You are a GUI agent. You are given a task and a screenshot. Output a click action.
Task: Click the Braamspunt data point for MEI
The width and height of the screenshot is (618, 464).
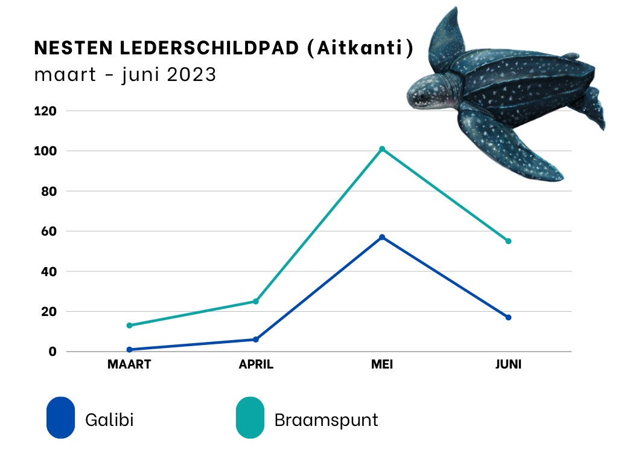(382, 149)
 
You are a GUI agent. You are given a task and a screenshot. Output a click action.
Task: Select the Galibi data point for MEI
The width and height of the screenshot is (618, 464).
(382, 237)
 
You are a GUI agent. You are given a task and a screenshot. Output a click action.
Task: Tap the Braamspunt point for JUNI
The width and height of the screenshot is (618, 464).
(508, 241)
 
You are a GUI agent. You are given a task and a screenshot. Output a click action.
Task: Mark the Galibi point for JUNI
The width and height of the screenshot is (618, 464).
(508, 317)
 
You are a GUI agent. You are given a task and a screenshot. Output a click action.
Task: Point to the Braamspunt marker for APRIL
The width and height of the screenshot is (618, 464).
(256, 301)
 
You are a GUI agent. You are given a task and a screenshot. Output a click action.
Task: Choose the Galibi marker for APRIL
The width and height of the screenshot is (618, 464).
(256, 340)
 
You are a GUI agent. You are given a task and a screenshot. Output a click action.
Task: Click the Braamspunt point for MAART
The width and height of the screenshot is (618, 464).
(129, 326)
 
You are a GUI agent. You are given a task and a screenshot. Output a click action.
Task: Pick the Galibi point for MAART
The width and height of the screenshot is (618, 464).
(129, 349)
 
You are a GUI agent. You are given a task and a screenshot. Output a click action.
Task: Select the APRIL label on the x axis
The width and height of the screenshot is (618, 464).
(256, 365)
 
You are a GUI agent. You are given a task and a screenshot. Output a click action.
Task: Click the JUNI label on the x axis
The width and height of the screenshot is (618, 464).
(508, 365)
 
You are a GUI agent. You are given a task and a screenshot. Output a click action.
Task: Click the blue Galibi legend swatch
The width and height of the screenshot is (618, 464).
(60, 417)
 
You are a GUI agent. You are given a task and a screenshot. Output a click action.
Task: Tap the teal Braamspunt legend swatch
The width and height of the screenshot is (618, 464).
(250, 417)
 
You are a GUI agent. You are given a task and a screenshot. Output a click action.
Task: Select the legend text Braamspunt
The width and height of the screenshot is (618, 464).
(326, 420)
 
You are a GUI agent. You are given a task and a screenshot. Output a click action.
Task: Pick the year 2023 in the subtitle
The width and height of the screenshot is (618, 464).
(191, 76)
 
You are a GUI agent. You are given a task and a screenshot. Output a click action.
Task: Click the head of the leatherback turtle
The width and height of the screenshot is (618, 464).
(427, 94)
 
